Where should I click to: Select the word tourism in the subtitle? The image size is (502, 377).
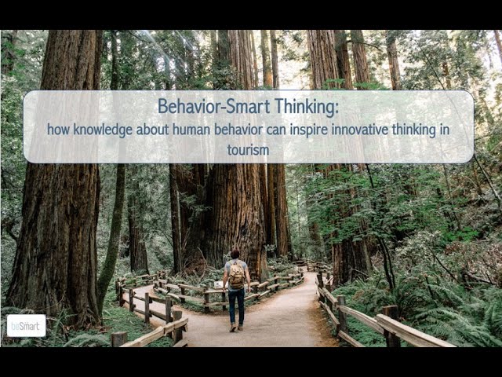click(x=248, y=150)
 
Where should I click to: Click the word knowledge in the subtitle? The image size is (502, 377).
click(x=103, y=130)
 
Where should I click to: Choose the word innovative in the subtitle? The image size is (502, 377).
click(x=360, y=130)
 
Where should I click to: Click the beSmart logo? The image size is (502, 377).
click(x=26, y=326)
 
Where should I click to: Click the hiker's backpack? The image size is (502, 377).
click(x=237, y=274)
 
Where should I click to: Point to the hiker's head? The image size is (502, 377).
click(x=235, y=254)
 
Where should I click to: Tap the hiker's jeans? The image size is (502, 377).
click(x=237, y=307)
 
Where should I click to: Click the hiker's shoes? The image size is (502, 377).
click(x=236, y=328)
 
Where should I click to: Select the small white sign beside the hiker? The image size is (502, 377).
click(x=219, y=284)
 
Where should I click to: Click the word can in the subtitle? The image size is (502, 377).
click(x=277, y=130)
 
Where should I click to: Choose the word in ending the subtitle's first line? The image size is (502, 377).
click(x=445, y=130)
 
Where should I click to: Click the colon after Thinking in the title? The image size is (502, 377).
click(x=336, y=110)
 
